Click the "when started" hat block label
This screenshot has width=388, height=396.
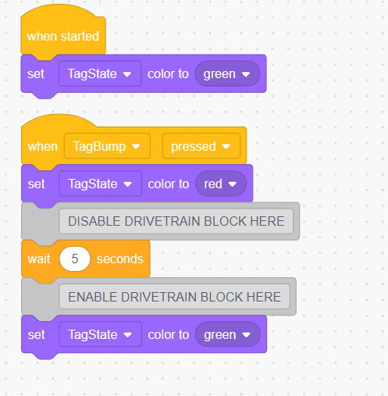coord(63,36)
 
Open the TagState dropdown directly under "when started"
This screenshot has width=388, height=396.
coord(100,73)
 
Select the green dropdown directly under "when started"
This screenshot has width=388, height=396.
coord(227,74)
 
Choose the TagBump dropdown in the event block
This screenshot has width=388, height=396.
coord(107,146)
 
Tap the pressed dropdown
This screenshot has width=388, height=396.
coord(201,146)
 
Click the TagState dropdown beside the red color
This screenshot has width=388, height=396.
coord(101,184)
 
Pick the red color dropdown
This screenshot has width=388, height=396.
coord(221,184)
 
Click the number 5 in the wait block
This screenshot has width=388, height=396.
coord(75,259)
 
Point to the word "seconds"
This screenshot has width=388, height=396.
coord(120,259)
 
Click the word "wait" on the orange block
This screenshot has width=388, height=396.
coord(39,259)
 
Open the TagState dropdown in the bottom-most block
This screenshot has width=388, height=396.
coord(101,334)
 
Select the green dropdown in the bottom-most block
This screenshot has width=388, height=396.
coord(228,334)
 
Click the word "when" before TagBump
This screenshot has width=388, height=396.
coord(43,146)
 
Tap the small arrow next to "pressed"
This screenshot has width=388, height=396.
coord(226,147)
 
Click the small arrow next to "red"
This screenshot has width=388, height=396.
coord(233,184)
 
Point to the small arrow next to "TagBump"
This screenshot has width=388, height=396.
coord(136,147)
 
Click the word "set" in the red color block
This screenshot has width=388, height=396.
coord(37,184)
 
